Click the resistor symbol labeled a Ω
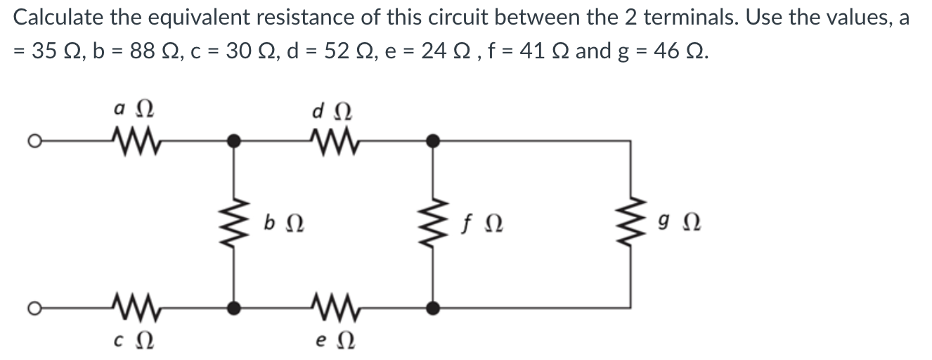(x=134, y=141)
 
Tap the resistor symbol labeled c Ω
(x=134, y=307)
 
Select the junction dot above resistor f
(x=434, y=141)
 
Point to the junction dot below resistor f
(x=434, y=307)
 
